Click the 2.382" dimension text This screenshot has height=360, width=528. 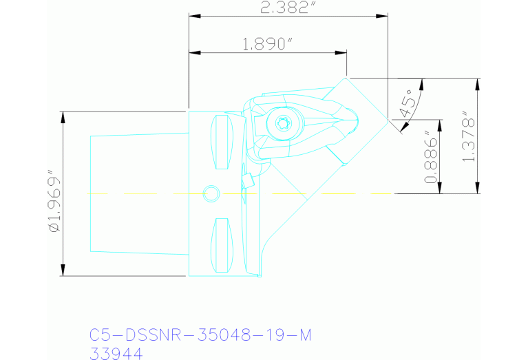(x=288, y=8)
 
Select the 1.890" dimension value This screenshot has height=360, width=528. (x=268, y=45)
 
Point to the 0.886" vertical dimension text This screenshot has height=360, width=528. (x=432, y=157)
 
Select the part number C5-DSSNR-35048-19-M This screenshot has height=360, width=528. (x=200, y=335)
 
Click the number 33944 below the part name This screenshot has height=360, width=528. (x=116, y=353)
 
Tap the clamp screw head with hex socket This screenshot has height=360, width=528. (x=281, y=125)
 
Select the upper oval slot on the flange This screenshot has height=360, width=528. (x=222, y=142)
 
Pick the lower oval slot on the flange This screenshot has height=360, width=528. (x=222, y=244)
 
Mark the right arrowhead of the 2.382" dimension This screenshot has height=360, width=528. (x=383, y=15)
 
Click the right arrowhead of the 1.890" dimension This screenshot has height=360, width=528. (x=342, y=52)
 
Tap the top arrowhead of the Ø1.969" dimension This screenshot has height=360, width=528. (x=63, y=116)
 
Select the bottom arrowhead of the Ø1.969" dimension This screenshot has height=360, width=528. (x=63, y=271)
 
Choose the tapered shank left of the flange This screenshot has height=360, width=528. (x=138, y=193)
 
